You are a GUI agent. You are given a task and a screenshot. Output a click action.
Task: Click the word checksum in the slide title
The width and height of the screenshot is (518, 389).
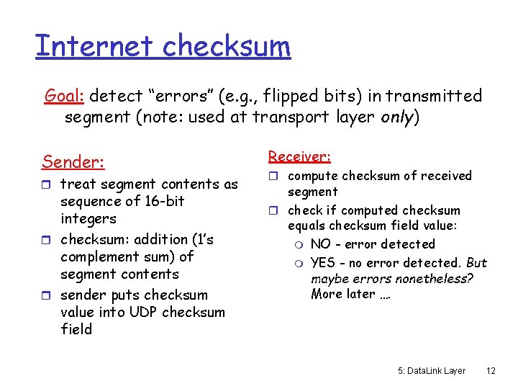[x=226, y=46]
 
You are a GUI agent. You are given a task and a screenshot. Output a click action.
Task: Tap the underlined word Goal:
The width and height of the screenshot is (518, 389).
[x=65, y=96]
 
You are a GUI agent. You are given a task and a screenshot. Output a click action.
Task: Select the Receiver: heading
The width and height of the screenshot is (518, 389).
[x=299, y=156]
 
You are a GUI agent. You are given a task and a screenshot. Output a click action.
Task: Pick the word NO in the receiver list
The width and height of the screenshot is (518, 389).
[x=321, y=244]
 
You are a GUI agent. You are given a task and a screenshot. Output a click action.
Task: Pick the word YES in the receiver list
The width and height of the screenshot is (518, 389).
[x=323, y=263]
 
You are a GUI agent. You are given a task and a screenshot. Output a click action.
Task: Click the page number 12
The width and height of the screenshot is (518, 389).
[x=491, y=370]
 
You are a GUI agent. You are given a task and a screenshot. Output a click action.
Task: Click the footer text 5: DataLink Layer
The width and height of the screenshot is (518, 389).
[x=432, y=370]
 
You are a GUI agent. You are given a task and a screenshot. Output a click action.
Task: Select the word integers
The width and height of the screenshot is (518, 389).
[x=88, y=218]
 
